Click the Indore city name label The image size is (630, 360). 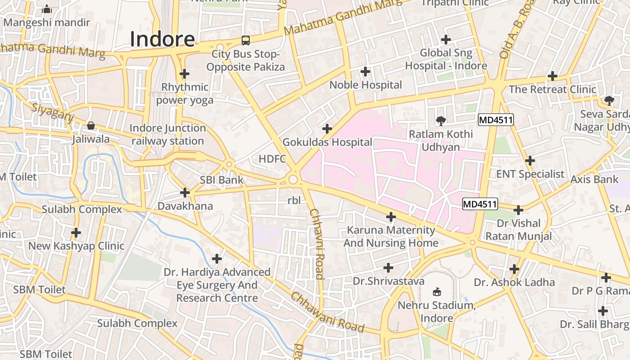(x=162, y=39)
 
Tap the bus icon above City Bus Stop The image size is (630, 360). (x=245, y=40)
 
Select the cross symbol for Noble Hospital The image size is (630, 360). (x=365, y=71)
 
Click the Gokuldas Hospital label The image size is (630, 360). (x=327, y=142)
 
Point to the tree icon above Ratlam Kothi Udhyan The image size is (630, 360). (x=441, y=120)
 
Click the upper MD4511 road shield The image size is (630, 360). (x=495, y=120)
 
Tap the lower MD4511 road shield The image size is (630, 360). (x=480, y=204)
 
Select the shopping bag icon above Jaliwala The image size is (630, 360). (x=91, y=126)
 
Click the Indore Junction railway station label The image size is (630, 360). (x=168, y=135)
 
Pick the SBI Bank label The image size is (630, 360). (x=221, y=180)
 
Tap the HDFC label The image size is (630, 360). (x=272, y=159)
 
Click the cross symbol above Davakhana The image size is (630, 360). (x=184, y=193)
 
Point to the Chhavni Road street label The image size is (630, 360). (x=316, y=244)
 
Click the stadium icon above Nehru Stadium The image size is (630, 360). (x=436, y=292)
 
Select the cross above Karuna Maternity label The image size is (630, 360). (x=391, y=217)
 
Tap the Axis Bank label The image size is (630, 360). (x=594, y=179)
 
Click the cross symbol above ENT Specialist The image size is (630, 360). (x=530, y=160)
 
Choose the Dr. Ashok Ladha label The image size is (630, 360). (x=514, y=283)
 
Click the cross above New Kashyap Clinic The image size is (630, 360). (x=76, y=233)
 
